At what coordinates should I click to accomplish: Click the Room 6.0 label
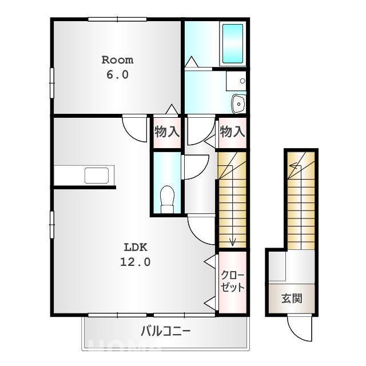(117, 67)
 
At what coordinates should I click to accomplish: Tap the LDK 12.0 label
(136, 254)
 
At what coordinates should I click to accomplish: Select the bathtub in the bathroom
(233, 43)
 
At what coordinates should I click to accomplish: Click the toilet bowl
(168, 199)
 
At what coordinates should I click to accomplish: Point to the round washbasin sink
(238, 104)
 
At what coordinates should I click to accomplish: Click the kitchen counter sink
(97, 176)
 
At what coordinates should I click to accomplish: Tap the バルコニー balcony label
(166, 331)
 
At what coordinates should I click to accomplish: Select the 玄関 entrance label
(292, 299)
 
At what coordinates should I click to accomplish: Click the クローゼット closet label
(233, 281)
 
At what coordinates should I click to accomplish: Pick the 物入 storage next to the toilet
(167, 132)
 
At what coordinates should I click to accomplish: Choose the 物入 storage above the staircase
(233, 132)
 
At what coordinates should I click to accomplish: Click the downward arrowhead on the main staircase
(233, 242)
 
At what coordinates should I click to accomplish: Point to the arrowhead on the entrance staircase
(292, 166)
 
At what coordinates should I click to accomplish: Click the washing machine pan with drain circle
(236, 81)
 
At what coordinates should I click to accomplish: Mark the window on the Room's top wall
(117, 19)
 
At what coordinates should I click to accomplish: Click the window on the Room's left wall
(52, 83)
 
